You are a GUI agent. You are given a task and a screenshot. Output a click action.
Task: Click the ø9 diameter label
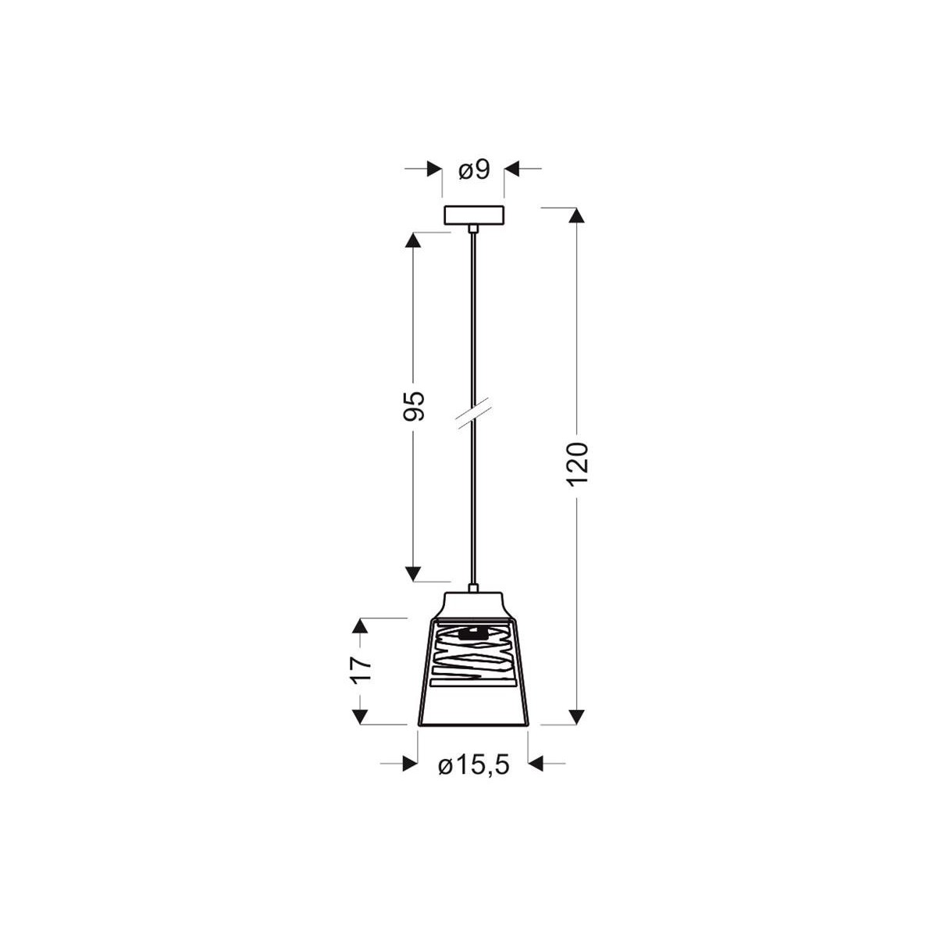473,170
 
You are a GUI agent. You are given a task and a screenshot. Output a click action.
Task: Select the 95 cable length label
415,405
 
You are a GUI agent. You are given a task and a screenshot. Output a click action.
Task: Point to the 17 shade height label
360,669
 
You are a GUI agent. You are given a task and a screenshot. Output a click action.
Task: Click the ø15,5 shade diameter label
473,766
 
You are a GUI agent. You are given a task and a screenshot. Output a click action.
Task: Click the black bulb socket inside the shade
472,634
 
